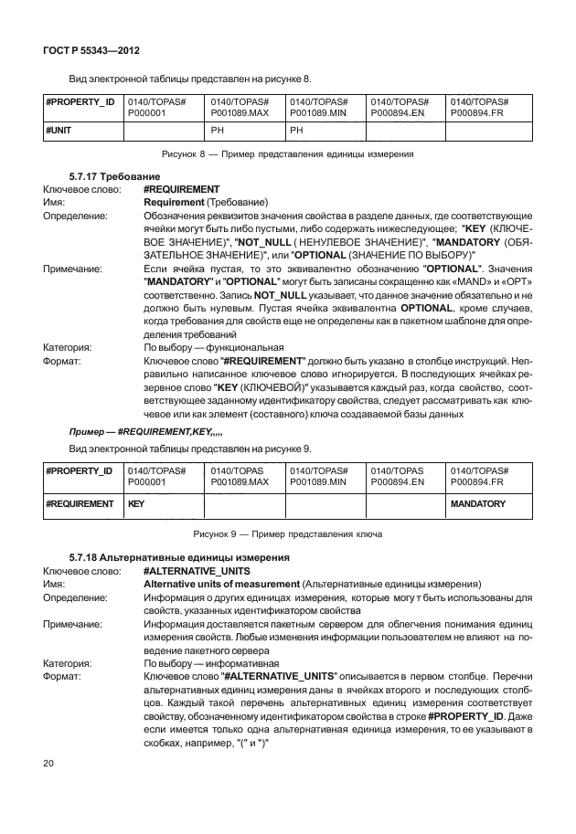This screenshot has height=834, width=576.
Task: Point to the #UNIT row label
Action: (x=59, y=131)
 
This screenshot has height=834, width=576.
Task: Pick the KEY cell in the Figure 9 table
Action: (x=135, y=503)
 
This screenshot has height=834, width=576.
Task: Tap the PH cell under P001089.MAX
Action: (x=218, y=131)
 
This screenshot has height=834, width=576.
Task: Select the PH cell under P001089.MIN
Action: (x=296, y=131)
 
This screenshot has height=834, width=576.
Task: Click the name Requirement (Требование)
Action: (x=206, y=201)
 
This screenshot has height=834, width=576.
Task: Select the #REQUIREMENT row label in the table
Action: (x=80, y=503)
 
